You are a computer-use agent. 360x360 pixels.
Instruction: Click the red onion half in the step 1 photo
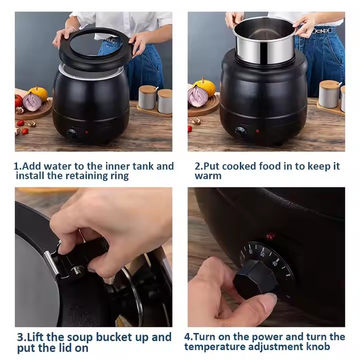click(x=32, y=101)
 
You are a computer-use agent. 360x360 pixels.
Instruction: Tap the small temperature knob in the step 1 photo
click(x=72, y=133)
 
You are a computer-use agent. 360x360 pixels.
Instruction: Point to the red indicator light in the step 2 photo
click(x=257, y=131)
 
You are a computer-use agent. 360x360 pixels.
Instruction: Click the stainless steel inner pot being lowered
click(x=264, y=40)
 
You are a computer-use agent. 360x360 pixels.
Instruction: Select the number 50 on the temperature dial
click(x=262, y=253)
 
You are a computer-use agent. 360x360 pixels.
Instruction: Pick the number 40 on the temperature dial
click(x=275, y=262)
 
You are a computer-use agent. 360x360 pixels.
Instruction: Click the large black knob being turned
click(x=255, y=279)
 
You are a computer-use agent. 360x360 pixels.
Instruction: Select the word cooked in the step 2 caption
click(x=239, y=166)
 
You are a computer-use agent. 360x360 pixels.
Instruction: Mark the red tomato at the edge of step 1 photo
click(x=18, y=101)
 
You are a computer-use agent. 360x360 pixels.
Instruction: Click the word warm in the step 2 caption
click(x=208, y=176)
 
